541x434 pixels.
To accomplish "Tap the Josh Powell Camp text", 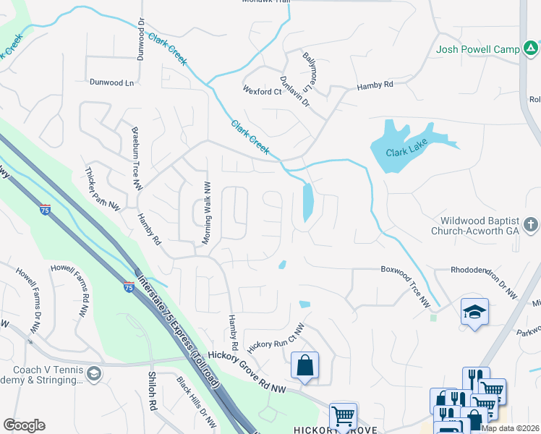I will [x=478, y=50].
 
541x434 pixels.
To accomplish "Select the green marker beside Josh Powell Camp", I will [x=532, y=49].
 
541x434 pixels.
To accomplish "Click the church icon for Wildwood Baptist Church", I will [x=532, y=224].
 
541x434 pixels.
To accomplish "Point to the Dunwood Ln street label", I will [x=112, y=83].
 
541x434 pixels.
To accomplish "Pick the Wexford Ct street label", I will [x=263, y=92].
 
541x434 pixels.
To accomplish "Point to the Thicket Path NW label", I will [x=101, y=190].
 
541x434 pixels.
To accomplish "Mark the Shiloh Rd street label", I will [x=153, y=391].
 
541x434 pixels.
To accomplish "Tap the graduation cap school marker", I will [x=474, y=312].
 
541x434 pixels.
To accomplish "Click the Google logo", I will [x=24, y=425].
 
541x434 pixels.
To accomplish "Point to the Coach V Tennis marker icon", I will [x=93, y=373].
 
